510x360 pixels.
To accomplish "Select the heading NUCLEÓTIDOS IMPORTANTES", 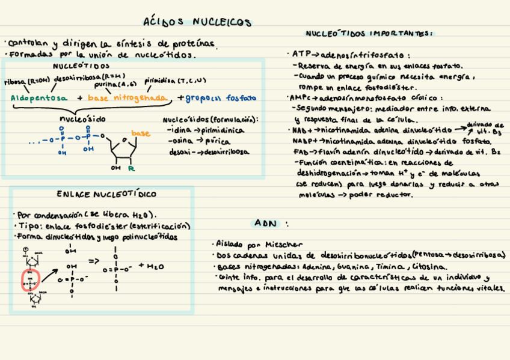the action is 369,34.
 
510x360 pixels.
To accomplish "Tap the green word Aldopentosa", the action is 40,97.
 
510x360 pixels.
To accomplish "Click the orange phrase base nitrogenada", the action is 127,97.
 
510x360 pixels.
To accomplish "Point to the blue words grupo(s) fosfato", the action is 221,97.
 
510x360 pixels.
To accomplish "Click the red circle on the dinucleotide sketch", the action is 31,280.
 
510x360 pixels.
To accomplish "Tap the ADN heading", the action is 265,223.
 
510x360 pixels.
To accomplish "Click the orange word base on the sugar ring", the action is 141,133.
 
